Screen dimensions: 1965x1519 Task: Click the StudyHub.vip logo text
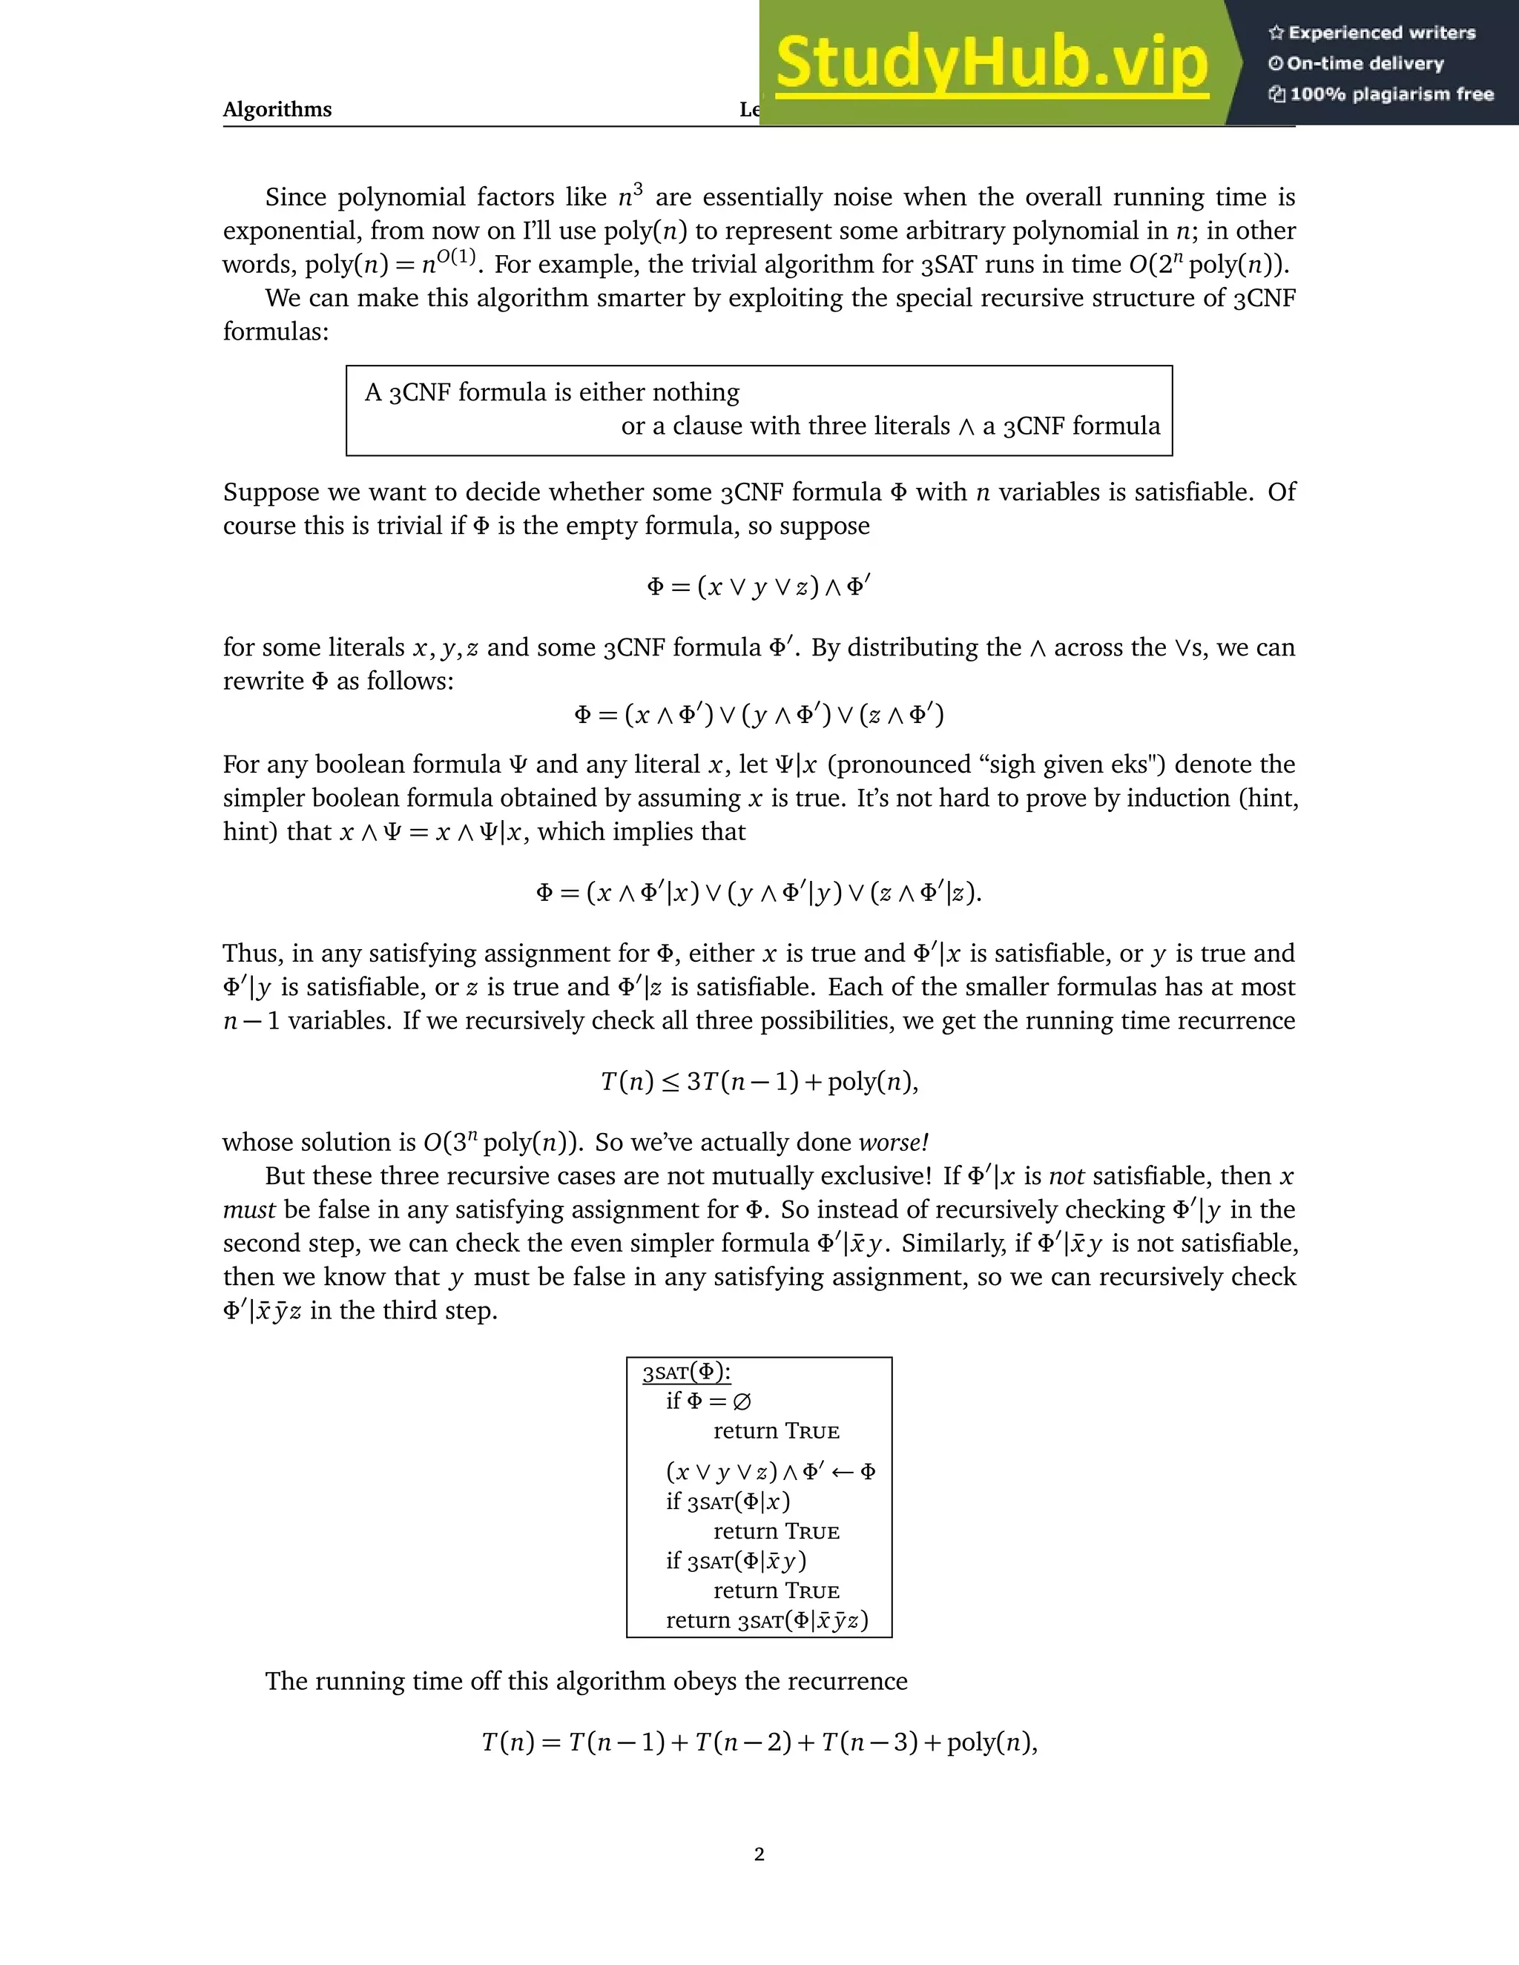point(991,63)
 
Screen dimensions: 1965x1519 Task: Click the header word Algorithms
point(277,110)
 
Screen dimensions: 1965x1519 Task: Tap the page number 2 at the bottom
point(759,1854)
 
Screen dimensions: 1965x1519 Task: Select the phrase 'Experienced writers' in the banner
point(1381,33)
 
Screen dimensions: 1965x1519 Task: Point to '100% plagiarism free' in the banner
point(1391,94)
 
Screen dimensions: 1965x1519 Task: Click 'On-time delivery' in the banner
point(1364,64)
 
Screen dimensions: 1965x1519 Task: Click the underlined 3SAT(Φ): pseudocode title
point(687,1372)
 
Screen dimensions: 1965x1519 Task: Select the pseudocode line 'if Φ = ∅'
point(708,1401)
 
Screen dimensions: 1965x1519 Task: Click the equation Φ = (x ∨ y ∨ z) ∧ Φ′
point(759,587)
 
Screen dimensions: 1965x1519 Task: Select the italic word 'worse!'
point(894,1143)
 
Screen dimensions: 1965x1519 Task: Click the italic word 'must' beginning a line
point(249,1210)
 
